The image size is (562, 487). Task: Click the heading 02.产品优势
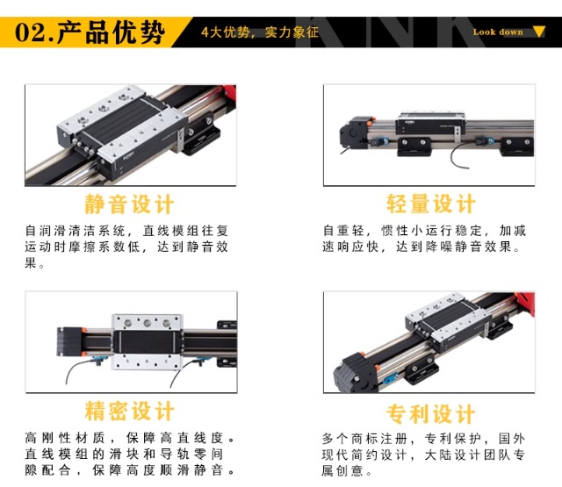click(90, 32)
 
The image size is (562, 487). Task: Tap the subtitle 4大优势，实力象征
click(260, 32)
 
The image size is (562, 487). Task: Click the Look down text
click(498, 32)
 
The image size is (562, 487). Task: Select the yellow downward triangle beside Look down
click(538, 32)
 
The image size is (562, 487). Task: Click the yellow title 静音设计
click(129, 204)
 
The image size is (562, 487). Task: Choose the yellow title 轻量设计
click(431, 204)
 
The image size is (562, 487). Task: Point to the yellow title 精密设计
click(129, 411)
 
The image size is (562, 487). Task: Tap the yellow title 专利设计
click(431, 413)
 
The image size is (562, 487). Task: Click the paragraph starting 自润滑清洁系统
click(126, 247)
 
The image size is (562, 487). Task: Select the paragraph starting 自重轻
click(424, 239)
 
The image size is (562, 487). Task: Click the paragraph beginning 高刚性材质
click(130, 454)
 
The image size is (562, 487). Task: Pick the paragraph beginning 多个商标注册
click(423, 455)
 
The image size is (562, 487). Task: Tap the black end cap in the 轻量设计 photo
click(353, 132)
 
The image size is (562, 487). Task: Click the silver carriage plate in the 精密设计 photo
click(147, 342)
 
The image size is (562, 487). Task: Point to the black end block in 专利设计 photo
click(355, 372)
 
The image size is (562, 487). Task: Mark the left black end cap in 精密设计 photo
click(69, 341)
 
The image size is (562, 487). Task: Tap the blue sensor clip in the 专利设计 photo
click(390, 376)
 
